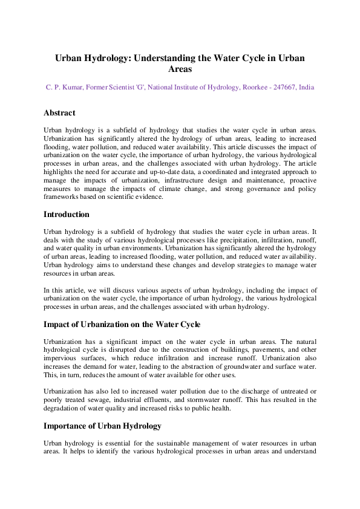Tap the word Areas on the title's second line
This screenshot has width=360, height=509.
(180, 70)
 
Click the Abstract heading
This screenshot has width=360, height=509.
(59, 113)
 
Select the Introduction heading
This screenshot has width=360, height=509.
(67, 215)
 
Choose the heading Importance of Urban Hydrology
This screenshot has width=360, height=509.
(102, 426)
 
